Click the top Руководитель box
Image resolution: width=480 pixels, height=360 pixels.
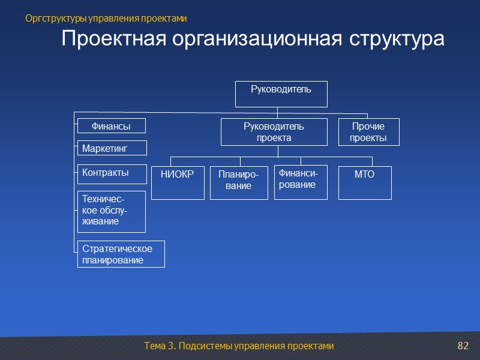pyautogui.click(x=281, y=94)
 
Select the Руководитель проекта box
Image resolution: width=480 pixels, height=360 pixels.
pyautogui.click(x=274, y=132)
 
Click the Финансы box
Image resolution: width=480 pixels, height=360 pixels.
pyautogui.click(x=112, y=126)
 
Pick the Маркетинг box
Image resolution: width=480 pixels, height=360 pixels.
pyautogui.click(x=112, y=148)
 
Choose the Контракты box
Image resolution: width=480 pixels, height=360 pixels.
pyautogui.click(x=112, y=174)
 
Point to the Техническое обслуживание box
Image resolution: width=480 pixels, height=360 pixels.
pyautogui.click(x=112, y=211)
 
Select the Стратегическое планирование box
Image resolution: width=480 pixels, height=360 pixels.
pyautogui.click(x=121, y=254)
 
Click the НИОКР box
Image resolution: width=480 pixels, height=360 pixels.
pyautogui.click(x=178, y=182)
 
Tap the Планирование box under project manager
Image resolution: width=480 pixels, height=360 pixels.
pyautogui.click(x=239, y=182)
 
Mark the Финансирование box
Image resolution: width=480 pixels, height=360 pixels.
pyautogui.click(x=301, y=182)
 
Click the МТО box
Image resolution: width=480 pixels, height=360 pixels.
pyautogui.click(x=365, y=182)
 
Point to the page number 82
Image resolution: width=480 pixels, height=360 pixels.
pyautogui.click(x=462, y=346)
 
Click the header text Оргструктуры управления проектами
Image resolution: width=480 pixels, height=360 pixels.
pyautogui.click(x=107, y=19)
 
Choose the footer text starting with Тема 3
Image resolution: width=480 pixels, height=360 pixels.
pyautogui.click(x=238, y=346)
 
